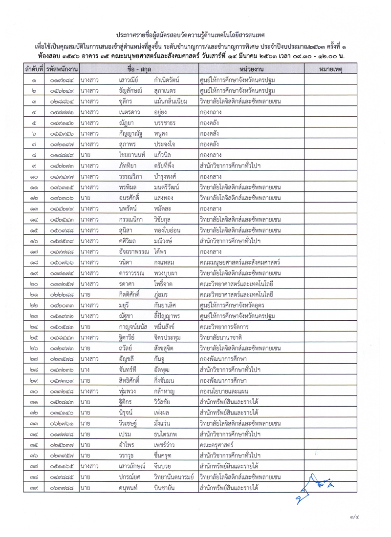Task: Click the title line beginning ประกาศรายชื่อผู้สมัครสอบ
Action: (x=195, y=36)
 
